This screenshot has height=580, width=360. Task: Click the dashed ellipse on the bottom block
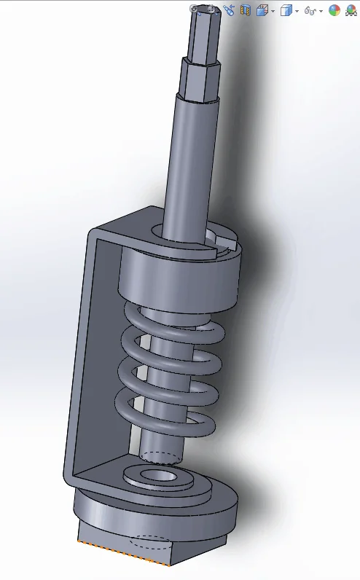(153, 544)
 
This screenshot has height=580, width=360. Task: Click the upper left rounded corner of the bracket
(95, 235)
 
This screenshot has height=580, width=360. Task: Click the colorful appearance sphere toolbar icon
(334, 10)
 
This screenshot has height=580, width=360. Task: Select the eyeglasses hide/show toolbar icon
(310, 11)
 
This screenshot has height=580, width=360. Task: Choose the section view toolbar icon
(246, 10)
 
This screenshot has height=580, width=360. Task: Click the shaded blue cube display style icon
(286, 10)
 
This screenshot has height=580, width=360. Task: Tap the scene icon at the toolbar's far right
(351, 10)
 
